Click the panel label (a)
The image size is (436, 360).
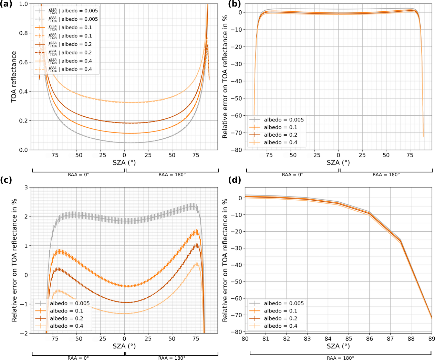coord(6,4)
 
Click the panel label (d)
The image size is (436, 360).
coord(234,180)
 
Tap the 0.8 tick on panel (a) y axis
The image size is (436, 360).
coord(23,33)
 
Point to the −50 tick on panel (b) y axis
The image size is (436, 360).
coord(236,98)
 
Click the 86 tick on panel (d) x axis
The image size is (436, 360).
coord(370,339)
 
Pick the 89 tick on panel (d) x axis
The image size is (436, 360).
coord(432,339)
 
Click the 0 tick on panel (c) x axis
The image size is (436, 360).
coord(124,339)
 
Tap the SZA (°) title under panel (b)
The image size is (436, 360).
coord(338,162)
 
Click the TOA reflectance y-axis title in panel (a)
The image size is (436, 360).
coord(14,77)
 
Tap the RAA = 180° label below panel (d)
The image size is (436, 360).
coord(340,358)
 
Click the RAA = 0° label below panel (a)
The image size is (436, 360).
coord(79,174)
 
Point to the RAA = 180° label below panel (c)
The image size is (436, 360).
coord(172,358)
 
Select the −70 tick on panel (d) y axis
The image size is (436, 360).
coord(236,315)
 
